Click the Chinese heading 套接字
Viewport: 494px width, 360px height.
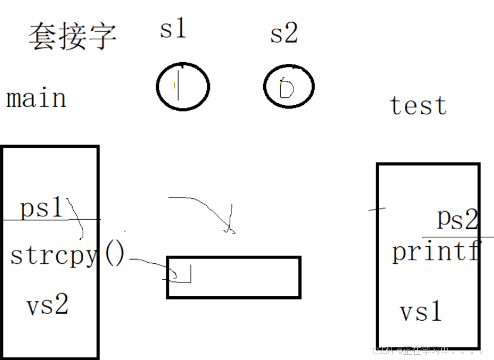click(x=72, y=37)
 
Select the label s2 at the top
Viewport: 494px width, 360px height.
click(x=284, y=34)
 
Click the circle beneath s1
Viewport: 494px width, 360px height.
click(x=183, y=87)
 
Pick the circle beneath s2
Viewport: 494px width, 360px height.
click(x=289, y=87)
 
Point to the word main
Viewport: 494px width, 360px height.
click(x=36, y=98)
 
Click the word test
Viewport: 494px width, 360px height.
click(x=418, y=106)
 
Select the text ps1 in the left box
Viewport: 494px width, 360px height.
click(x=41, y=208)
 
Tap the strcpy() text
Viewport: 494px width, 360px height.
click(x=67, y=255)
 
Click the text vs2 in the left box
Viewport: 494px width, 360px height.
click(x=47, y=304)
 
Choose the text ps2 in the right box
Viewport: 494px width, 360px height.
click(x=457, y=219)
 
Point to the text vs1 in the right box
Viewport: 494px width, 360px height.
click(x=420, y=311)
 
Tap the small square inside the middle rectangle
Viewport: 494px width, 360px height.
click(x=183, y=273)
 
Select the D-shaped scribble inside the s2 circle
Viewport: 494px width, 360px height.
click(x=286, y=89)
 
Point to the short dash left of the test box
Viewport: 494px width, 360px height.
click(x=377, y=209)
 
